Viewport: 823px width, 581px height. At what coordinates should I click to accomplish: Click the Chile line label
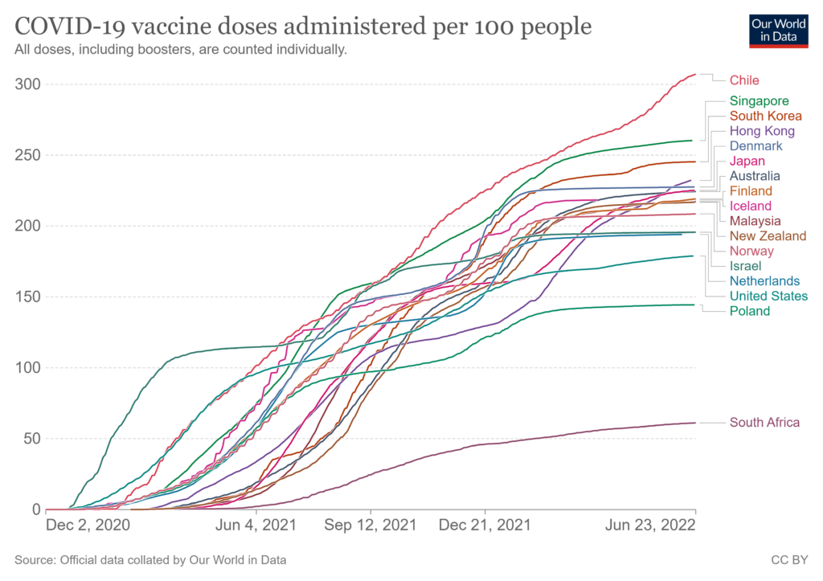744,80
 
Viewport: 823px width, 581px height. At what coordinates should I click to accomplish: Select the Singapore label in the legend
759,101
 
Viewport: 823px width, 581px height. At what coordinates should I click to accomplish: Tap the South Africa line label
764,422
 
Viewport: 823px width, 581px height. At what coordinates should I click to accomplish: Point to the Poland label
750,311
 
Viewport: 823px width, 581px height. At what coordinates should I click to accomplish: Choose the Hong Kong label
762,131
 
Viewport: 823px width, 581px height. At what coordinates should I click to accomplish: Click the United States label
768,296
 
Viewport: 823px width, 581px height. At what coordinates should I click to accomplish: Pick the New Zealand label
768,235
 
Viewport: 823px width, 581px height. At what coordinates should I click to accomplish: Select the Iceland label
749,206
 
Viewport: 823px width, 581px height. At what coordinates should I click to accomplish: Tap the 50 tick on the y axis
32,439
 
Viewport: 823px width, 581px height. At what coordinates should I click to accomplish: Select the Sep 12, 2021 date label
370,526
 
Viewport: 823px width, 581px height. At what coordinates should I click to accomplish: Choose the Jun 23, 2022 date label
649,526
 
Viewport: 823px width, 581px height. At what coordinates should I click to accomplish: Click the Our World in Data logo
778,31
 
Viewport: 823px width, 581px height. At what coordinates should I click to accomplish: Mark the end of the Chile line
695,74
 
